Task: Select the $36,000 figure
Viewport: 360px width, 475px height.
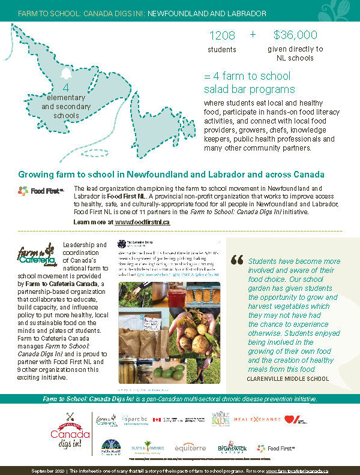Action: [295, 35]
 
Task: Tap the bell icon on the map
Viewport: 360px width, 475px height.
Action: [66, 74]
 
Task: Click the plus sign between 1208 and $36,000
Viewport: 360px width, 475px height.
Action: [253, 35]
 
